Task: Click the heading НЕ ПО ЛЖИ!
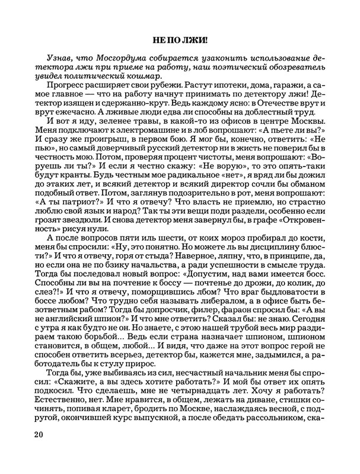pyautogui.click(x=180, y=41)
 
